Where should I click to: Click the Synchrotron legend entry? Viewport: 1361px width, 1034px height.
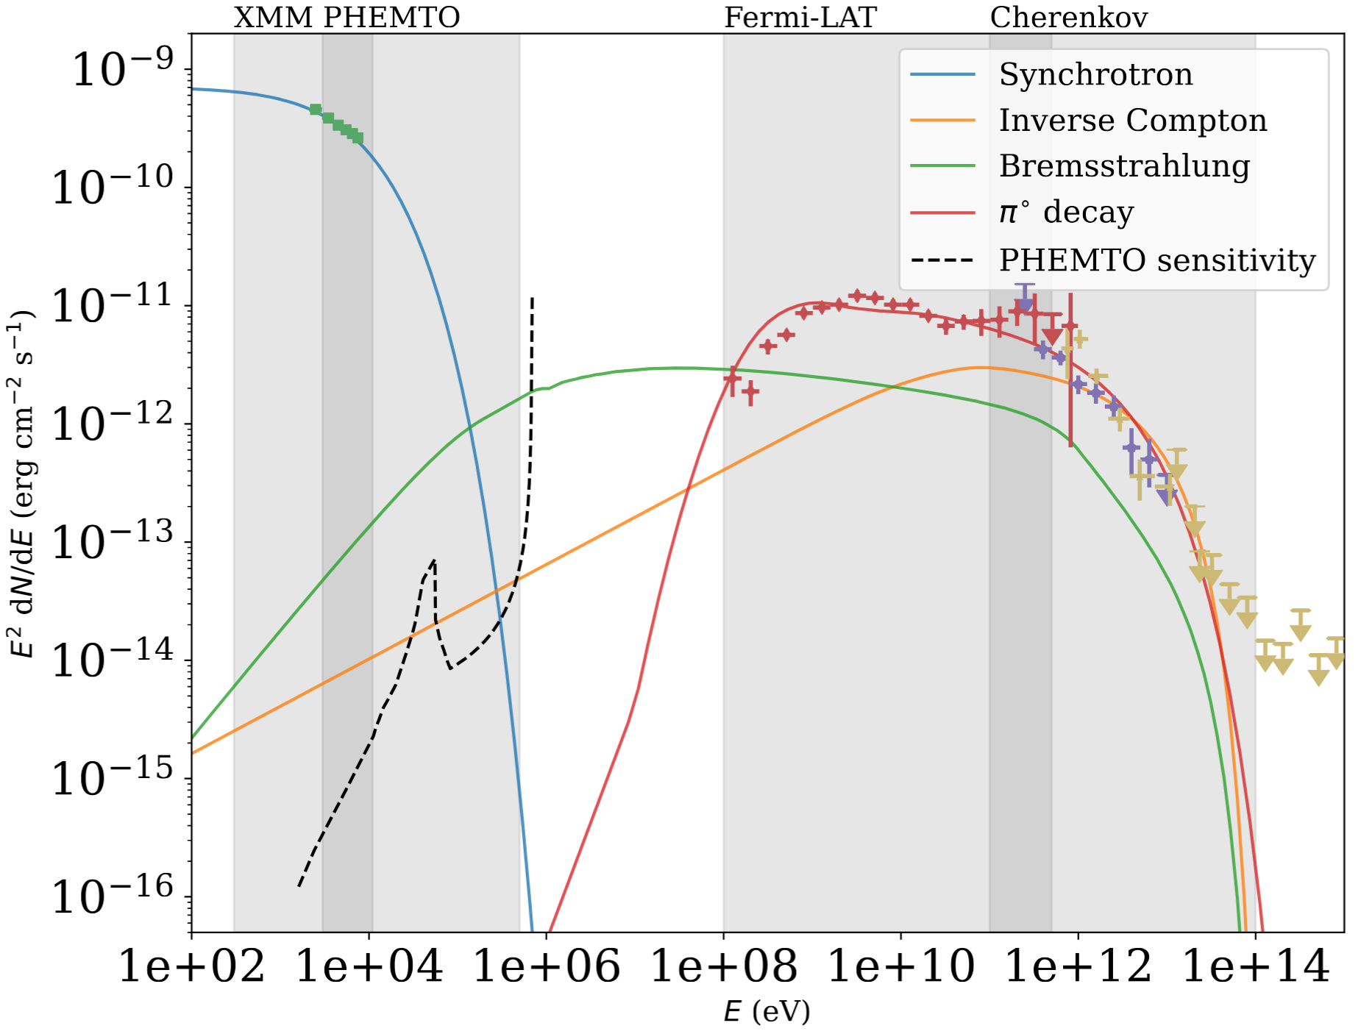[x=1095, y=74]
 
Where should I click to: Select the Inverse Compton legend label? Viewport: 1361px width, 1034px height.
[x=1132, y=120]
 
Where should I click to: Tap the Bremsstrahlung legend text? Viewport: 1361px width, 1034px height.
[x=1123, y=166]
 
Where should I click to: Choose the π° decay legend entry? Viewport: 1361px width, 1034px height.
[x=1066, y=213]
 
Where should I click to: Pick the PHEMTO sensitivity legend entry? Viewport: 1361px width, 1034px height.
[x=1156, y=260]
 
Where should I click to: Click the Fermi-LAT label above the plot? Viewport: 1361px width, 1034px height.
[x=800, y=18]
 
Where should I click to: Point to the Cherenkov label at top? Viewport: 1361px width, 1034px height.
[x=1068, y=18]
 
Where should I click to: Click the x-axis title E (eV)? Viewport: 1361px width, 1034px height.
[x=767, y=1012]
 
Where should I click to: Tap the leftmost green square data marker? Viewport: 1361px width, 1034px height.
[x=316, y=110]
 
